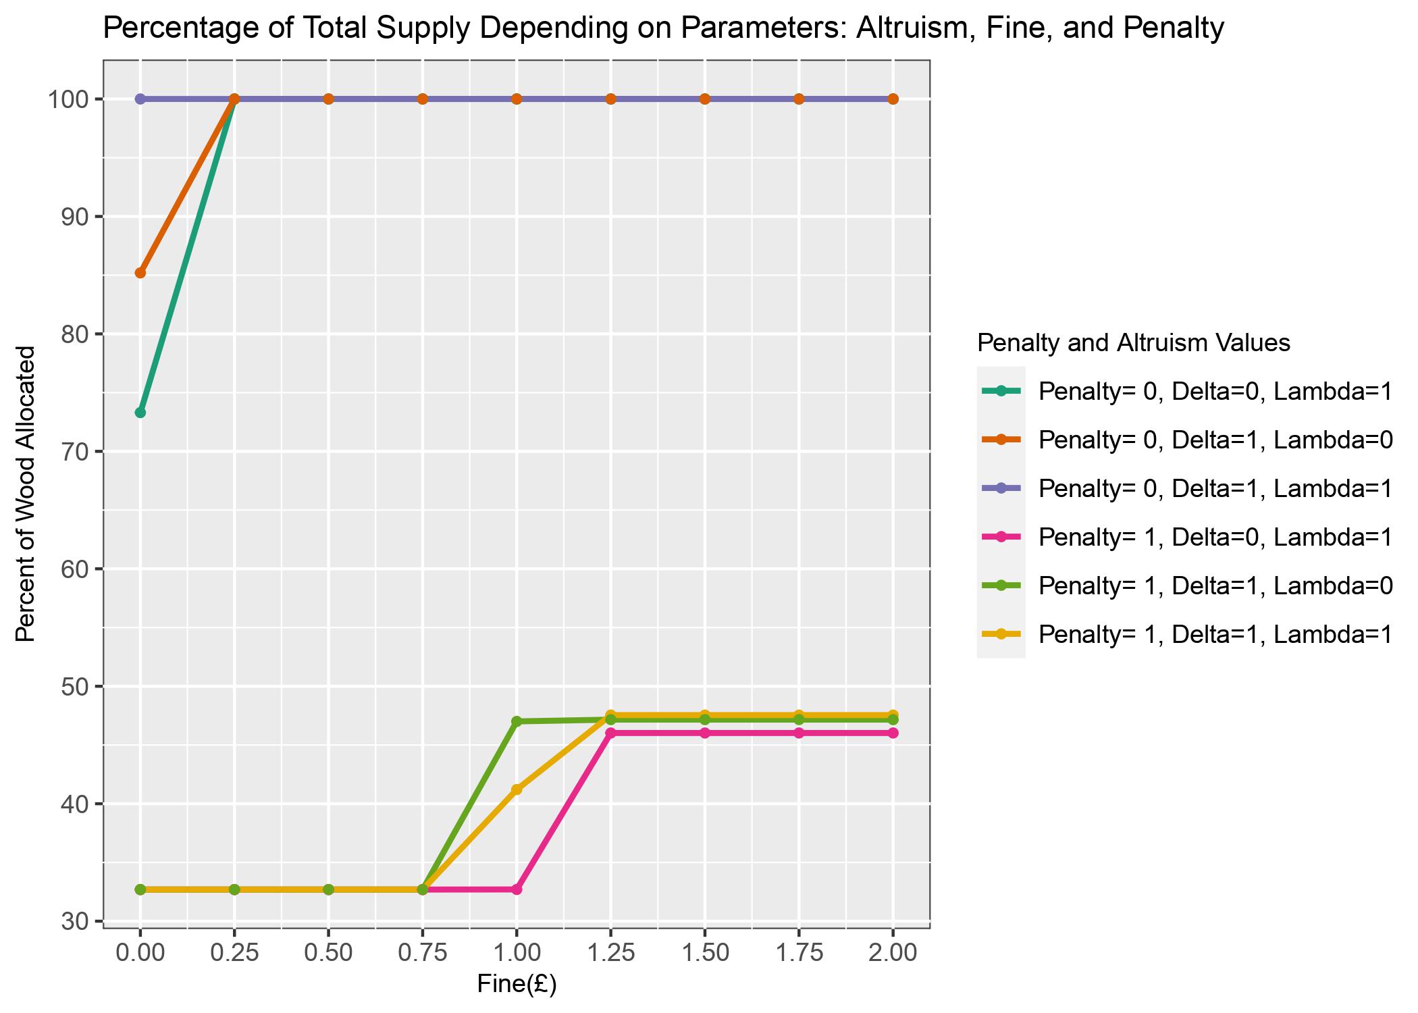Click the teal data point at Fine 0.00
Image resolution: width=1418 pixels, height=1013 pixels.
tap(140, 413)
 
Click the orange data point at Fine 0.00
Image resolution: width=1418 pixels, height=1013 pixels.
tap(140, 273)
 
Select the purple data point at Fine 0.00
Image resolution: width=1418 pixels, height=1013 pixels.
tap(140, 99)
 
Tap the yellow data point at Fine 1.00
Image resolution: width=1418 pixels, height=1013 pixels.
tap(517, 789)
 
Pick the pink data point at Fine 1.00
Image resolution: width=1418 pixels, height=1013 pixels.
tap(517, 889)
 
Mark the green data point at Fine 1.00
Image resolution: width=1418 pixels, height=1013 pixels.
tap(517, 721)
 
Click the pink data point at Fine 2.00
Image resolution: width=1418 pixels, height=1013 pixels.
tap(893, 733)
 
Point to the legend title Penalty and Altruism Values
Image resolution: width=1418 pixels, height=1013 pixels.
tap(1134, 343)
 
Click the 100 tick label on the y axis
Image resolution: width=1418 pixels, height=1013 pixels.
tap(67, 100)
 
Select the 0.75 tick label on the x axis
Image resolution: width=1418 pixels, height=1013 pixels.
tap(423, 953)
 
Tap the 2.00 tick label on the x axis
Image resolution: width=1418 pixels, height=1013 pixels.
tap(893, 953)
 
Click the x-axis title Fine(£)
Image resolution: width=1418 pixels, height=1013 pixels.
tap(517, 984)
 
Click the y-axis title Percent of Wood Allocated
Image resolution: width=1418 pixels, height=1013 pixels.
tap(25, 494)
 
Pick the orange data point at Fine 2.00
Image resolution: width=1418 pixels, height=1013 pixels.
tap(893, 99)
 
